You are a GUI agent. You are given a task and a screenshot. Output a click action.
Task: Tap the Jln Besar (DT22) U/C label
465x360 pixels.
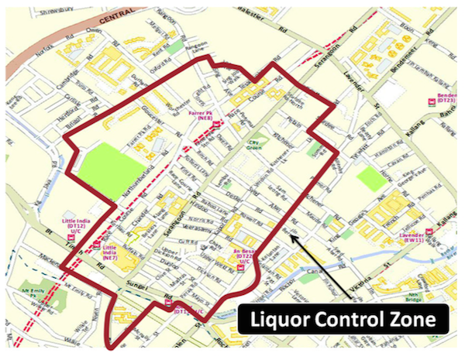pyautogui.click(x=245, y=257)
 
